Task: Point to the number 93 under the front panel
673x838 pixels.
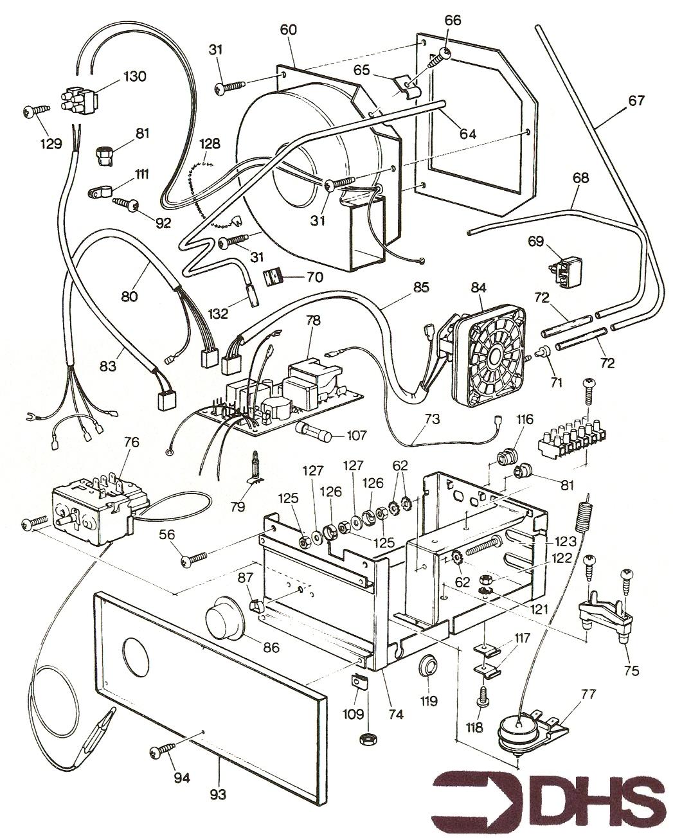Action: (218, 795)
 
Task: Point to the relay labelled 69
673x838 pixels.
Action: (566, 270)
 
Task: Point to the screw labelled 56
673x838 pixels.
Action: (194, 559)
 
